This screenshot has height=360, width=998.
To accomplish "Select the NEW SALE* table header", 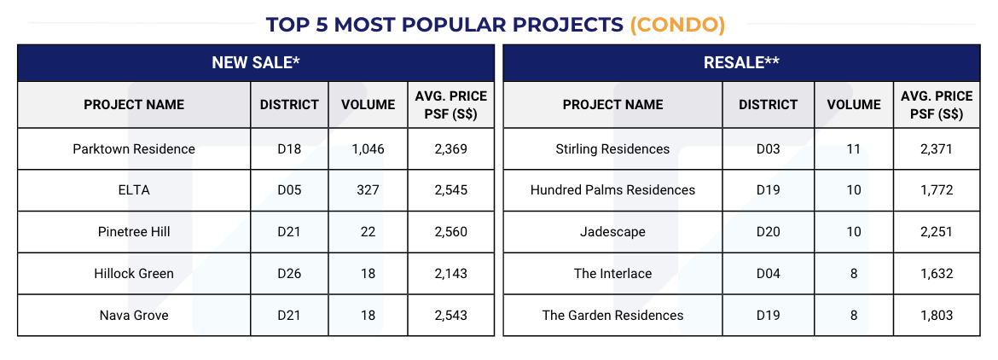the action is coord(256,62).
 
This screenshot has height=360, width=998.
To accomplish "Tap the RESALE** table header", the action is coord(741,62).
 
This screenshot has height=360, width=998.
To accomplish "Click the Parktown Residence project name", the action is coord(134,148).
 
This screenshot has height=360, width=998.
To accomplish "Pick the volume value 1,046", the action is coord(368,148).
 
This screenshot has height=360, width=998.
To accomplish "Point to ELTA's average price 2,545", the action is coord(450,190).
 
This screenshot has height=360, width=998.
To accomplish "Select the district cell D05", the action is coord(289,190).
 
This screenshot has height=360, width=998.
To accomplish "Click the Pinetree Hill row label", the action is coord(134,232).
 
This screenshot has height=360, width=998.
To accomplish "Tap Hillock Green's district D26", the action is coord(289,274).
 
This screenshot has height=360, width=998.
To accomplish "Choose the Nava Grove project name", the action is coord(134,316).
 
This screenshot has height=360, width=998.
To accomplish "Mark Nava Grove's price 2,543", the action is coord(450,316).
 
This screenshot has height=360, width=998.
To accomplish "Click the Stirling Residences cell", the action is coord(612,148).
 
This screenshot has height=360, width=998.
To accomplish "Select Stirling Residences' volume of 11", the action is coord(854,148).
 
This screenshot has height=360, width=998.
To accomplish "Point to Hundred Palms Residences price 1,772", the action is coord(937,190).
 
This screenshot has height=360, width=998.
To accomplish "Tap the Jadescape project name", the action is coord(612,232).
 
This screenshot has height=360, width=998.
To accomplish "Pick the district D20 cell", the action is coord(769,232).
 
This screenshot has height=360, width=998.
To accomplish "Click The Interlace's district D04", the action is coord(769,274).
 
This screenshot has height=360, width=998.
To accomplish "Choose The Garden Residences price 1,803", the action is coord(937,316).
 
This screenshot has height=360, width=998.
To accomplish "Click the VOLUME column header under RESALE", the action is coord(854,104).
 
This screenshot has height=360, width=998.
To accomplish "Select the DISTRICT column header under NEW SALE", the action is coord(289,104).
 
